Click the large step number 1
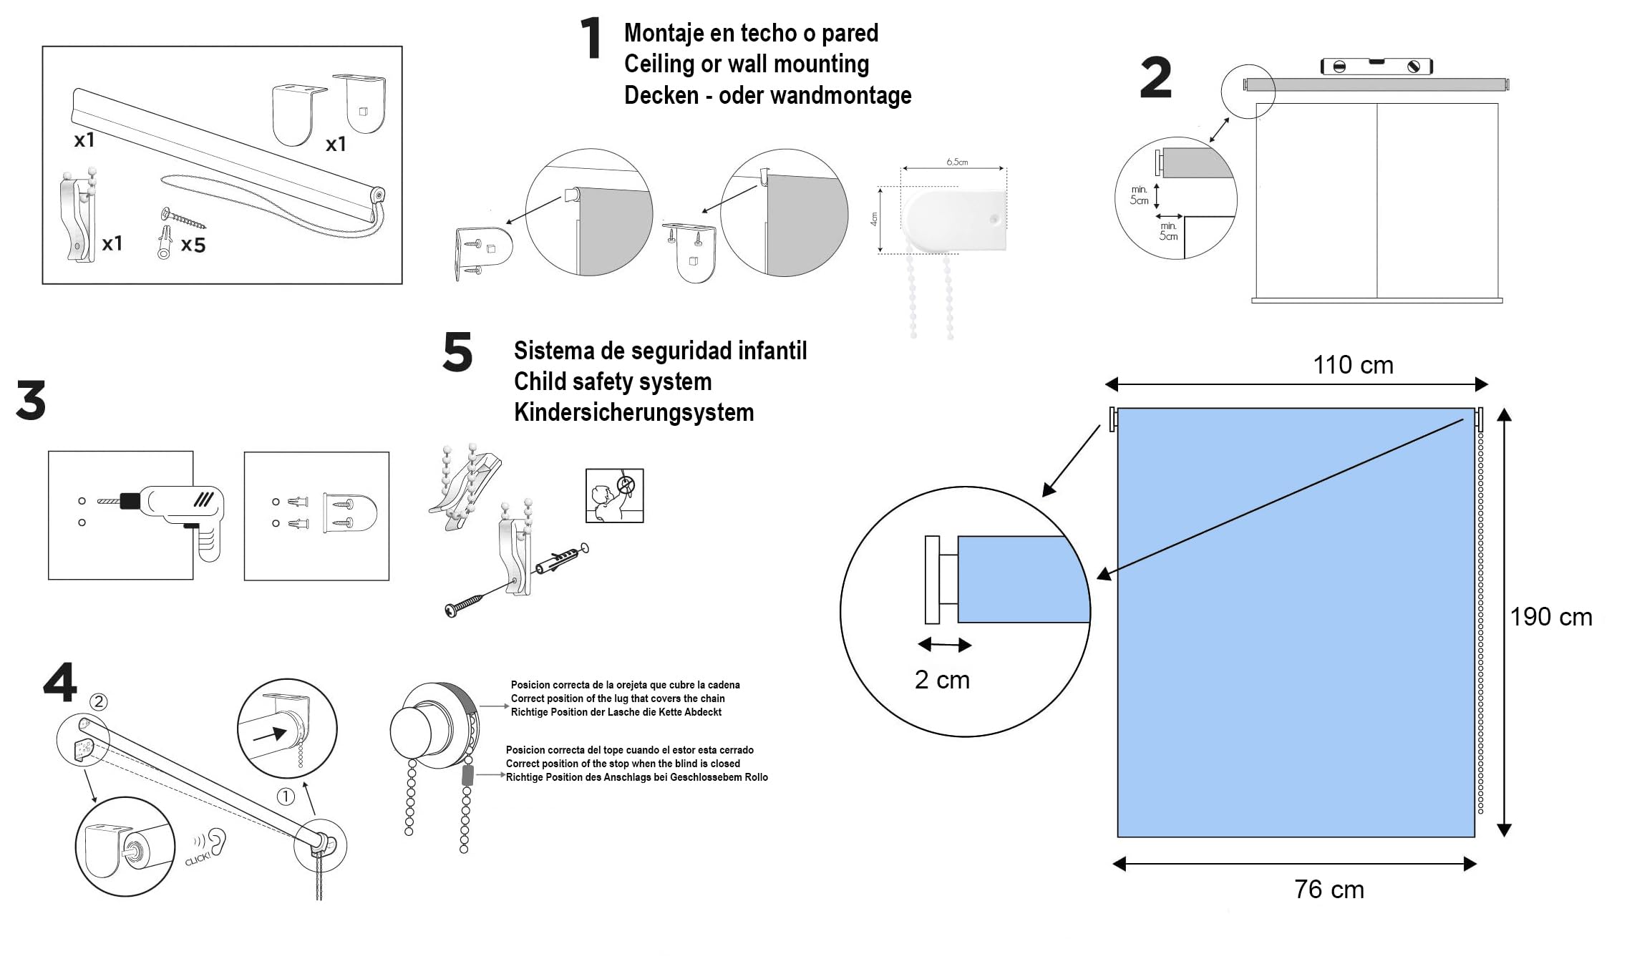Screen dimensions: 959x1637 pos(591,39)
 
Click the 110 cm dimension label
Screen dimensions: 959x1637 pos(1353,366)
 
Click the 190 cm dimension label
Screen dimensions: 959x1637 pos(1551,617)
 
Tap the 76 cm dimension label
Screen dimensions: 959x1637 pos(1329,890)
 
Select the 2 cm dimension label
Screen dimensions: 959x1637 pos(942,680)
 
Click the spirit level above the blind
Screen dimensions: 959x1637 pos(1376,67)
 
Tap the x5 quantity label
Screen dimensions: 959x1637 pos(193,245)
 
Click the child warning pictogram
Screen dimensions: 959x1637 pos(614,495)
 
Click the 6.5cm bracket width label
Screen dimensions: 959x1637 pos(957,162)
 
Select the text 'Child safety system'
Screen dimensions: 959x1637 pos(613,382)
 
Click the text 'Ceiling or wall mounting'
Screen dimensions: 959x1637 pos(747,64)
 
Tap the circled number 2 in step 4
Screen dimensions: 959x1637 pos(99,701)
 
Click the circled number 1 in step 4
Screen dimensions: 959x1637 pos(286,797)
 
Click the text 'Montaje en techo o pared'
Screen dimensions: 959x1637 pos(751,33)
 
